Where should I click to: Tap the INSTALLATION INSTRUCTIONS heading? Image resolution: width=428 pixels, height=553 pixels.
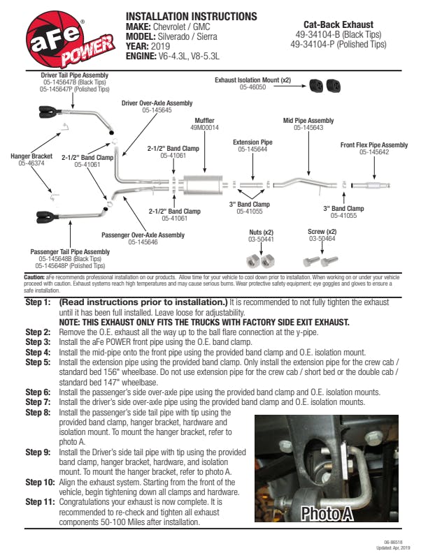190,17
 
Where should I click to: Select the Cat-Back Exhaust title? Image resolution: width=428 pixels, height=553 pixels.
338,24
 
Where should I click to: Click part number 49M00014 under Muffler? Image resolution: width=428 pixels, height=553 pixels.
204,128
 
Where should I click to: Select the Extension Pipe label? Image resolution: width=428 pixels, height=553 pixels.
252,142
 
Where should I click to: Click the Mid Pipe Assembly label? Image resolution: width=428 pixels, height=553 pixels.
308,121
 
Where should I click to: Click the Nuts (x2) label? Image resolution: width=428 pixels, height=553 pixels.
262,232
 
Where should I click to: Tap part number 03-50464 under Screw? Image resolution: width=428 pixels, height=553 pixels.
322,239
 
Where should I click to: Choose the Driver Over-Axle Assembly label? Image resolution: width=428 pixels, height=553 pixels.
157,103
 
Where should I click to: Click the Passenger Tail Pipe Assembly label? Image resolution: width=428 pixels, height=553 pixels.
70,252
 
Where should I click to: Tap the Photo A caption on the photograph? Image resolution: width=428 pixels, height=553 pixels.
326,514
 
